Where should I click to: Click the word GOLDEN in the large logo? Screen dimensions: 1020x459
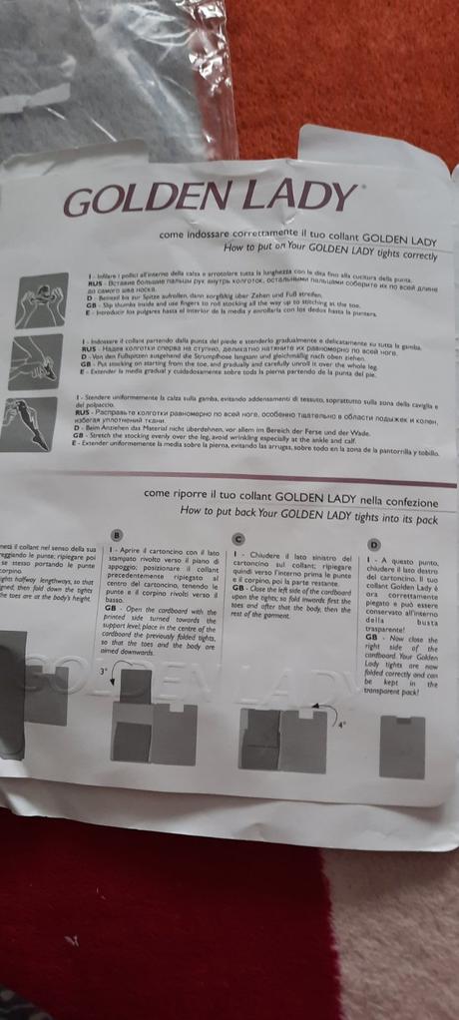[x=140, y=202]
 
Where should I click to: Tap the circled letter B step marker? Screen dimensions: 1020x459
[x=117, y=535]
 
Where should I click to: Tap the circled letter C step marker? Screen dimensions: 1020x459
[x=240, y=539]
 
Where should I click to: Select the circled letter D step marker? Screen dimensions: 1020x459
[x=373, y=544]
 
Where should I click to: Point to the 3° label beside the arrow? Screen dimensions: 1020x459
[x=103, y=673]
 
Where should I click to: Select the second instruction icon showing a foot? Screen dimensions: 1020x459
[x=35, y=355]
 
